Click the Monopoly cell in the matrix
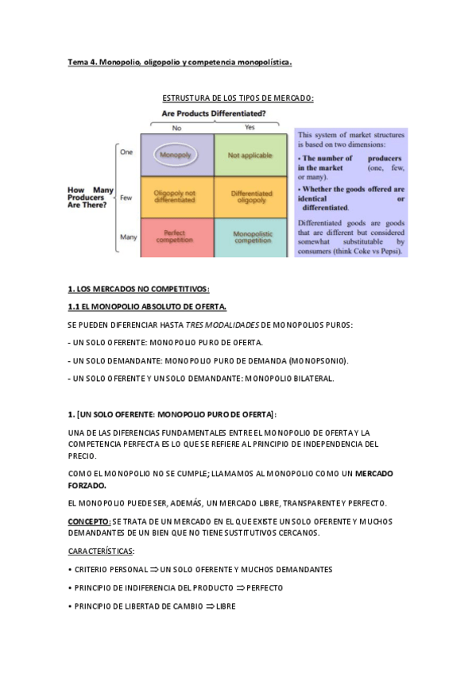point(176,155)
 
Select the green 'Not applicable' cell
point(250,155)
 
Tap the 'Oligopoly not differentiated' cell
point(176,197)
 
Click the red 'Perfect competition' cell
point(176,237)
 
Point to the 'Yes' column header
point(250,127)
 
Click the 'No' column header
point(176,128)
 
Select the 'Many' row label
point(128,237)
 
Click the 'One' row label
point(126,152)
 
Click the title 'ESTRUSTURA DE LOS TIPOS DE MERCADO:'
point(238,98)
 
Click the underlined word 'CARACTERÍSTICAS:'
point(102,551)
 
